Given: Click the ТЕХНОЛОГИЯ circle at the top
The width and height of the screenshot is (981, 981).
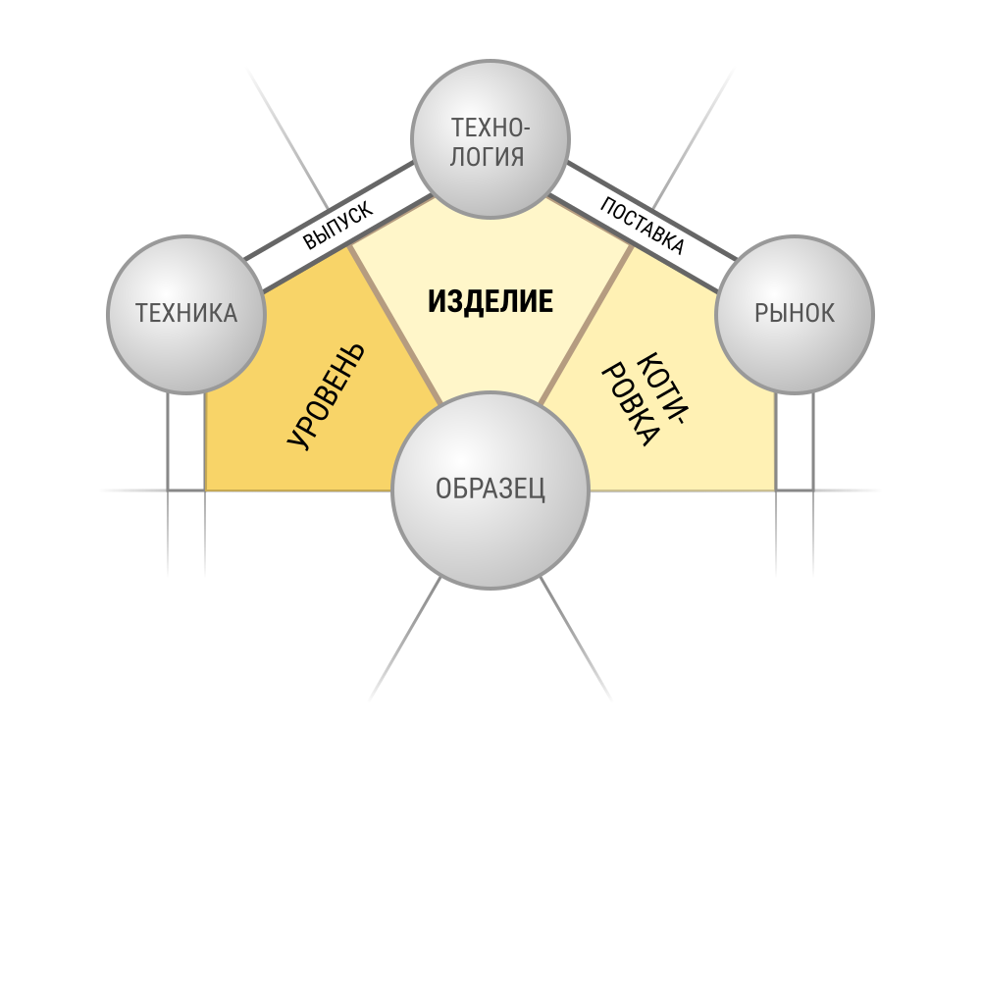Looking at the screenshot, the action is pyautogui.click(x=490, y=139).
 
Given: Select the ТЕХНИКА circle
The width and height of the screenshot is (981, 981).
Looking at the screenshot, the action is pyautogui.click(x=186, y=315).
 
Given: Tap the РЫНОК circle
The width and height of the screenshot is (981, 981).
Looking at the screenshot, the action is pyautogui.click(x=795, y=315).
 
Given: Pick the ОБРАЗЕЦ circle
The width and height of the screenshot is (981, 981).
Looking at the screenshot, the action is pyautogui.click(x=490, y=490).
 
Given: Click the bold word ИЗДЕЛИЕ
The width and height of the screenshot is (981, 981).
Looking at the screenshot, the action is pyautogui.click(x=490, y=301).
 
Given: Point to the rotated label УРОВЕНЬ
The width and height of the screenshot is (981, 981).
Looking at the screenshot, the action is pyautogui.click(x=327, y=396).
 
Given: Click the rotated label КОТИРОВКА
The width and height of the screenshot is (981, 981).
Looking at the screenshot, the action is pyautogui.click(x=645, y=399).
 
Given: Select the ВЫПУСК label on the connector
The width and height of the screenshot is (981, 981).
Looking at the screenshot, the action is pyautogui.click(x=337, y=226).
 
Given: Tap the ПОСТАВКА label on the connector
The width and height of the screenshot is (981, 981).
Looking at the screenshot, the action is pyautogui.click(x=642, y=226).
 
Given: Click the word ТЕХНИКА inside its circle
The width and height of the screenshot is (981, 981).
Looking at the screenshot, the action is pyautogui.click(x=186, y=314).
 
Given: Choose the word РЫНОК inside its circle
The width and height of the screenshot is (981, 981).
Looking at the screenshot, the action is pyautogui.click(x=795, y=314).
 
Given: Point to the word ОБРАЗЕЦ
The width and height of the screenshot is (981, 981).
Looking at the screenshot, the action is pyautogui.click(x=490, y=489).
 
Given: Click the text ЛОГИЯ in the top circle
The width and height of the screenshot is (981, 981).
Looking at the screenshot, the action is pyautogui.click(x=487, y=156).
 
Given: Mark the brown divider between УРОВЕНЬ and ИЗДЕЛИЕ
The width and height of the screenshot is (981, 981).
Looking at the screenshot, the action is pyautogui.click(x=395, y=324).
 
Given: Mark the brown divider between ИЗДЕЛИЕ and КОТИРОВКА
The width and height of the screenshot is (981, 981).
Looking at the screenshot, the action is pyautogui.click(x=586, y=324).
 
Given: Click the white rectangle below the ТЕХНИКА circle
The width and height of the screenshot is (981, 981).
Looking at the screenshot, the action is pyautogui.click(x=186, y=441).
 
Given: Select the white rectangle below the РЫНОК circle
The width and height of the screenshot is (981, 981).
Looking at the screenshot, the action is pyautogui.click(x=795, y=441).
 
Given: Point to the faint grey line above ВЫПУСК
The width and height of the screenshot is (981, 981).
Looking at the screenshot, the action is pyautogui.click(x=287, y=138).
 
